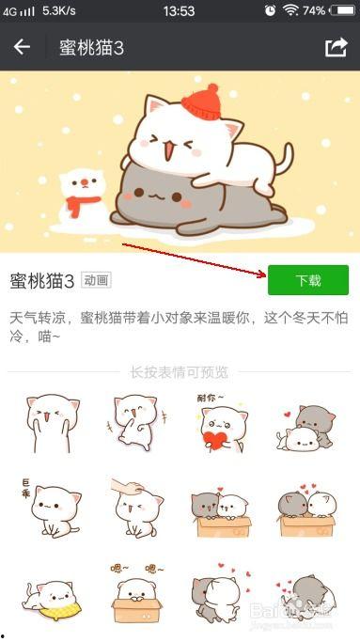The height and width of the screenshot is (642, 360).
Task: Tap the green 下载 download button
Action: click(308, 280)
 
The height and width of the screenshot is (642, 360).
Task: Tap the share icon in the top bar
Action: click(336, 47)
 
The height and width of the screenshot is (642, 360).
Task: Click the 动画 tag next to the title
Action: click(96, 280)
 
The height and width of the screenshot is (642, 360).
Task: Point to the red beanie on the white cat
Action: click(199, 102)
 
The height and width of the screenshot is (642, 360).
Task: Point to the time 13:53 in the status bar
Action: click(179, 10)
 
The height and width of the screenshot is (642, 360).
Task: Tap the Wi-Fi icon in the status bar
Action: click(290, 10)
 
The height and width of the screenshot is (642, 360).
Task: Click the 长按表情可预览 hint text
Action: click(179, 372)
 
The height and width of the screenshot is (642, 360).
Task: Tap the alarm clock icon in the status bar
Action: click(270, 10)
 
